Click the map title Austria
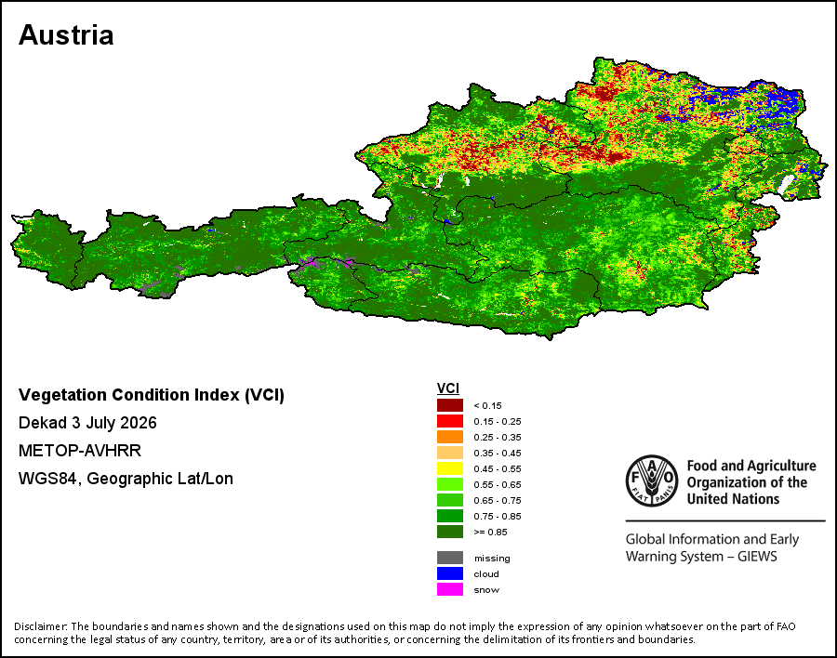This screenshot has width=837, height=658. [x=66, y=35]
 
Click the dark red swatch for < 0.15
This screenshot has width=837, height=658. [x=450, y=405]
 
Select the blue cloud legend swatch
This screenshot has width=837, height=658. [x=450, y=573]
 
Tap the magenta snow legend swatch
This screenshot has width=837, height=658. [x=450, y=590]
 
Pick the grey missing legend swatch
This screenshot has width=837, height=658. [x=450, y=558]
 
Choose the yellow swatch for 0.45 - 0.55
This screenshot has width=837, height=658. [x=450, y=468]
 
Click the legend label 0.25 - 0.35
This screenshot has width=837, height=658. [x=498, y=437]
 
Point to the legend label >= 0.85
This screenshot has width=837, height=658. [x=490, y=532]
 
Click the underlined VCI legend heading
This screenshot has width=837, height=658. [x=448, y=388]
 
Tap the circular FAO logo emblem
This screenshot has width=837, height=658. [x=652, y=480]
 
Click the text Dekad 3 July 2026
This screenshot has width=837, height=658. [x=87, y=423]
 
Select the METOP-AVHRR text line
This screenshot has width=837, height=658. [x=80, y=451]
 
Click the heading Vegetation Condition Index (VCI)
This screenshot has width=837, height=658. [x=152, y=395]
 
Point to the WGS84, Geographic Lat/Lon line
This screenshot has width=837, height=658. [x=126, y=479]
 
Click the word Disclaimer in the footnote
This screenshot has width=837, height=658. [x=40, y=626]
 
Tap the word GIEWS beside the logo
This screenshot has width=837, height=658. [x=757, y=557]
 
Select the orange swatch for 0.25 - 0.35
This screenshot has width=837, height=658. [x=450, y=437]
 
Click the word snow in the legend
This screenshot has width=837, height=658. [x=486, y=590]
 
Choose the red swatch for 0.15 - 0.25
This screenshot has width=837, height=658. [x=450, y=421]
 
